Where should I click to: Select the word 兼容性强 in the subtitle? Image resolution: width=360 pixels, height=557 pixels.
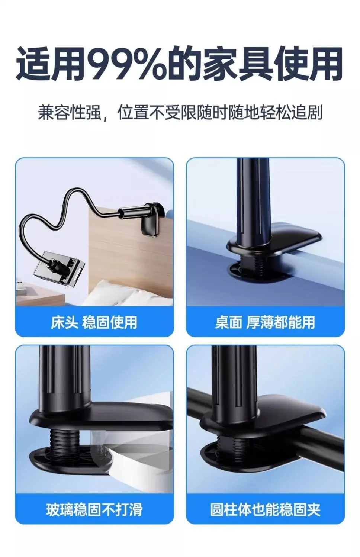pos(69,113)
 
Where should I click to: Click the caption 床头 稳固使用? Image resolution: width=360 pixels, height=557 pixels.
pos(94,322)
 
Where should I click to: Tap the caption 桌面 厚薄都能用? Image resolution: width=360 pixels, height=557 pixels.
pos(265,322)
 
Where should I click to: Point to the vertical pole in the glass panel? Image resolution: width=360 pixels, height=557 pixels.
pos(64,378)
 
